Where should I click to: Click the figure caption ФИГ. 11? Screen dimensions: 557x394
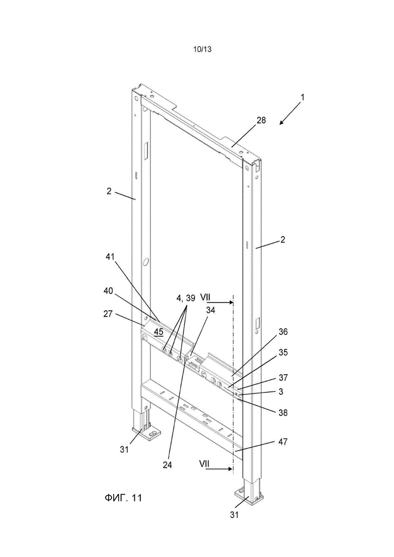click(123, 498)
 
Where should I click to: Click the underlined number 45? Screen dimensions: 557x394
click(159, 332)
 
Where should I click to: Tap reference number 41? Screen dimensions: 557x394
click(111, 257)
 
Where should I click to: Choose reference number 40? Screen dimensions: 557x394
click(108, 291)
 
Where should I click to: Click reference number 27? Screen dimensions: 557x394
click(108, 314)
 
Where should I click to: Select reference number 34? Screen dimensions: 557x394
click(210, 311)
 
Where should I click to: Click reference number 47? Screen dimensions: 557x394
click(284, 442)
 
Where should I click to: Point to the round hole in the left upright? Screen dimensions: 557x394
click(145, 263)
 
